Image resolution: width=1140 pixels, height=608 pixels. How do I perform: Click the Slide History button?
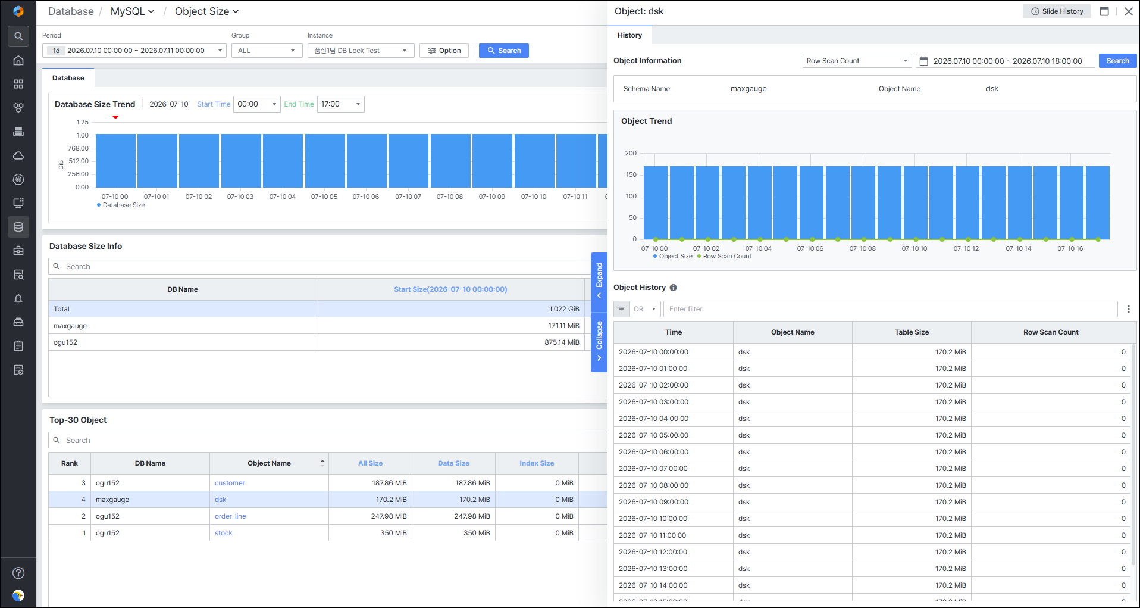(1057, 11)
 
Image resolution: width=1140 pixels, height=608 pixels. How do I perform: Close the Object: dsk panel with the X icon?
(1128, 11)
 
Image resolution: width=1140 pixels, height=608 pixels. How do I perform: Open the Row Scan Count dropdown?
(857, 61)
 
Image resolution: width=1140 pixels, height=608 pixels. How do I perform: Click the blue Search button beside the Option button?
(503, 51)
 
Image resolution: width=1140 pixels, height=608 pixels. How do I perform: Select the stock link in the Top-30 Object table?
(224, 533)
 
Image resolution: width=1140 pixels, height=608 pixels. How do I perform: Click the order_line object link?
(230, 516)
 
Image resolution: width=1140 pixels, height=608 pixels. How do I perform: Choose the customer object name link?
(230, 483)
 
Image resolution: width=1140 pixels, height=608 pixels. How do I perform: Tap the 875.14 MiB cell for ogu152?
(562, 342)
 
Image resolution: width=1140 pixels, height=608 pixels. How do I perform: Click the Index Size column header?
(537, 463)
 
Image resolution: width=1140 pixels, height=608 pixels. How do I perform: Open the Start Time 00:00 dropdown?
(257, 104)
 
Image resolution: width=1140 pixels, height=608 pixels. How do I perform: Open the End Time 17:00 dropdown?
(341, 104)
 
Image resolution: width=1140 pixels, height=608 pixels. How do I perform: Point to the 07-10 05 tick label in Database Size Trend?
(324, 197)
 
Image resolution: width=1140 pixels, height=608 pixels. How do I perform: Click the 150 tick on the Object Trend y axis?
(631, 174)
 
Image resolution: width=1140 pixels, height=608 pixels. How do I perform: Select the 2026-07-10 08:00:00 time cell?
(653, 485)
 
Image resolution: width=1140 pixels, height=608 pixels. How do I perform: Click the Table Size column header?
(912, 332)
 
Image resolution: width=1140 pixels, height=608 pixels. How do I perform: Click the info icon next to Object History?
(674, 288)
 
